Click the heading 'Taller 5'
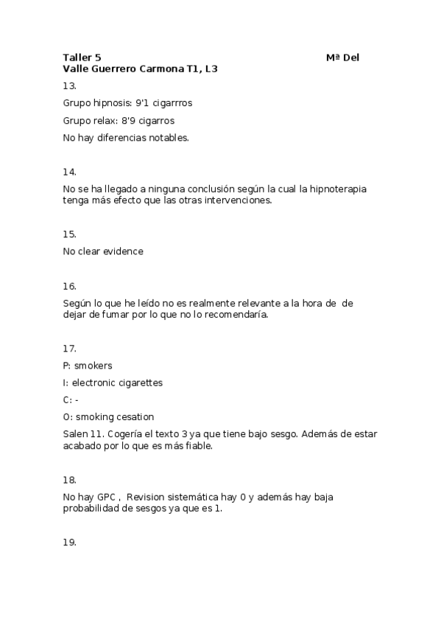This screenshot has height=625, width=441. (x=82, y=57)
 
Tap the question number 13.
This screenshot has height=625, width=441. (x=70, y=85)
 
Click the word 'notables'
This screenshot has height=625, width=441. (x=167, y=137)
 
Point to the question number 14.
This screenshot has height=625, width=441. (x=70, y=172)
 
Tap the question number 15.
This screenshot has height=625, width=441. (x=70, y=234)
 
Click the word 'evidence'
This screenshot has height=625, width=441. (x=123, y=251)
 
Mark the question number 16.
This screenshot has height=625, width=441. (x=70, y=286)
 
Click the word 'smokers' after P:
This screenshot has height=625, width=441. (x=94, y=366)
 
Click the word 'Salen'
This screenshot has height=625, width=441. (x=75, y=434)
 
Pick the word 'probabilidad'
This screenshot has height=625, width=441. (x=91, y=509)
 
